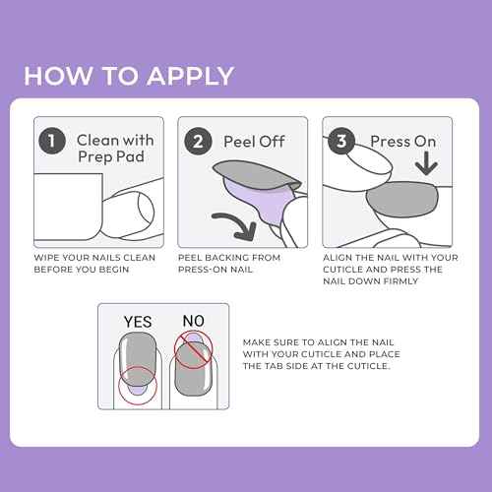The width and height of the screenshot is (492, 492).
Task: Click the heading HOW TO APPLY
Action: (129, 77)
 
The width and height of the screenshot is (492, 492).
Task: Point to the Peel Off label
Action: (253, 141)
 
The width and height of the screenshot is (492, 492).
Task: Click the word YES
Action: (137, 321)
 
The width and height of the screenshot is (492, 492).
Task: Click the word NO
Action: (191, 321)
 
